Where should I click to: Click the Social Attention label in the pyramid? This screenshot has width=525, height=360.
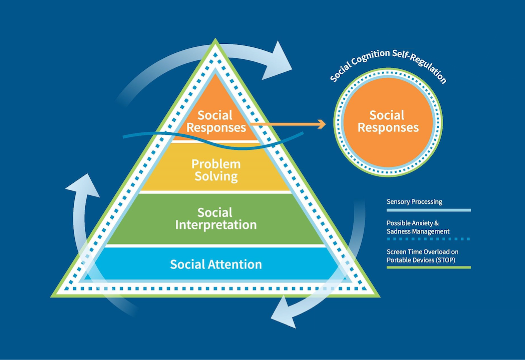(x=216, y=264)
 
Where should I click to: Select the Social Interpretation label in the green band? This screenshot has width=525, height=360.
(x=216, y=219)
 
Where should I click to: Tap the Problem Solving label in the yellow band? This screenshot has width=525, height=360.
(x=216, y=170)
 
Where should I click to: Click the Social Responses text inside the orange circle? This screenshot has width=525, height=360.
(x=388, y=122)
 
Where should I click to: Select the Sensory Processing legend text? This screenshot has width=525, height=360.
(x=414, y=202)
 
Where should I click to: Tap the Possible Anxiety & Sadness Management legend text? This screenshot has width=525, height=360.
(x=418, y=227)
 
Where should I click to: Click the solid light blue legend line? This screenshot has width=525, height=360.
(x=429, y=210)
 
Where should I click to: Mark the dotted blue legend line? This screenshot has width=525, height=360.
(x=429, y=239)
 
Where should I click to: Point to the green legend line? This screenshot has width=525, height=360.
(x=429, y=267)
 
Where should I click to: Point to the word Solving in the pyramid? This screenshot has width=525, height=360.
(x=216, y=176)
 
